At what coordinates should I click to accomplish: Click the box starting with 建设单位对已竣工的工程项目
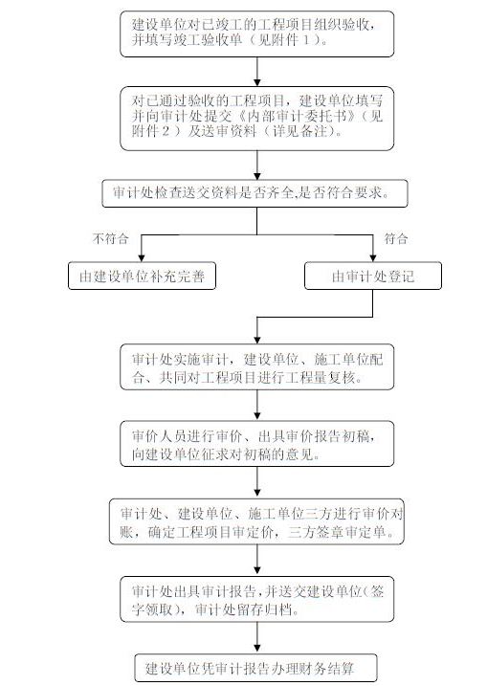(x=256, y=34)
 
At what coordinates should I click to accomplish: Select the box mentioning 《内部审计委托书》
(x=256, y=119)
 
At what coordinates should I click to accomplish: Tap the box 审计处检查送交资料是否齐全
(x=255, y=193)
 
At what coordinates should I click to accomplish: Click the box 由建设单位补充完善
(x=142, y=277)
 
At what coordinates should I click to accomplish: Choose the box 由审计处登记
(x=373, y=277)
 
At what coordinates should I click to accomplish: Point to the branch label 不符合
(x=110, y=238)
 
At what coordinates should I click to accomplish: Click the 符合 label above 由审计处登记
(x=396, y=238)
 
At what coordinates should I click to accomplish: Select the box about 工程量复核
(x=256, y=366)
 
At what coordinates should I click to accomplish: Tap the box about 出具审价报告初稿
(x=256, y=444)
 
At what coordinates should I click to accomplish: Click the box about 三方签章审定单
(x=256, y=521)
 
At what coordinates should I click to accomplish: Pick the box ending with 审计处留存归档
(x=256, y=599)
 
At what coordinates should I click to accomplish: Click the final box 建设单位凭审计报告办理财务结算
(x=255, y=668)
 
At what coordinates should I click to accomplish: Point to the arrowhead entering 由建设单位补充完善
(x=142, y=258)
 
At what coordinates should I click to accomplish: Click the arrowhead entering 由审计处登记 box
(x=373, y=258)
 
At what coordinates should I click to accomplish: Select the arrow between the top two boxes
(x=256, y=72)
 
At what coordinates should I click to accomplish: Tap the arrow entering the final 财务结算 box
(x=256, y=638)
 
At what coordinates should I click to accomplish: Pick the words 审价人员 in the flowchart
(x=153, y=436)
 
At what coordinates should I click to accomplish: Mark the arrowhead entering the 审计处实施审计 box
(x=256, y=340)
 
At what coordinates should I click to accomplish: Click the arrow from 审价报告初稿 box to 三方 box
(x=256, y=482)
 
